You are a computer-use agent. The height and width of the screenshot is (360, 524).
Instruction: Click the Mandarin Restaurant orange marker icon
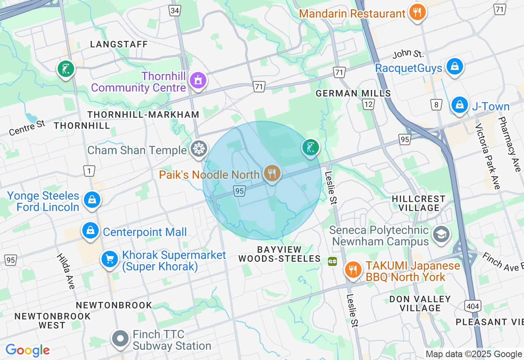417,12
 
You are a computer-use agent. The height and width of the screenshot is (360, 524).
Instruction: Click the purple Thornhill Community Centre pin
198,81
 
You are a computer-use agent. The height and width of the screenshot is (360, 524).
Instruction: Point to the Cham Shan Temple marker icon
199,149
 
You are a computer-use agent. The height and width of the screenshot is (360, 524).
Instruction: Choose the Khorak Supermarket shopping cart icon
109,259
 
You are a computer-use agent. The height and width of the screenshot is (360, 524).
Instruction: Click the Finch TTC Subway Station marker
120,339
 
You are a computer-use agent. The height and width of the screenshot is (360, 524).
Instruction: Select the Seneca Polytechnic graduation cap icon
441,234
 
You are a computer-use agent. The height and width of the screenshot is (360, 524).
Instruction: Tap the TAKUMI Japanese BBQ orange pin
353,270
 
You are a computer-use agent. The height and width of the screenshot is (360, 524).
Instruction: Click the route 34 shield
175,10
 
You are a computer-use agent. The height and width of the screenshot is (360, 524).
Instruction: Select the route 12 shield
368,105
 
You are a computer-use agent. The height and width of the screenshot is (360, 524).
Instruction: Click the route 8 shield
436,105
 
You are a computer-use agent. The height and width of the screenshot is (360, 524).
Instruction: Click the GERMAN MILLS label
353,93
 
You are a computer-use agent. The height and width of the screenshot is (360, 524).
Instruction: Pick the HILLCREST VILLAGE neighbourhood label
418,203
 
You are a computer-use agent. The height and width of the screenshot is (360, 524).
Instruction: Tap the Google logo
27,350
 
